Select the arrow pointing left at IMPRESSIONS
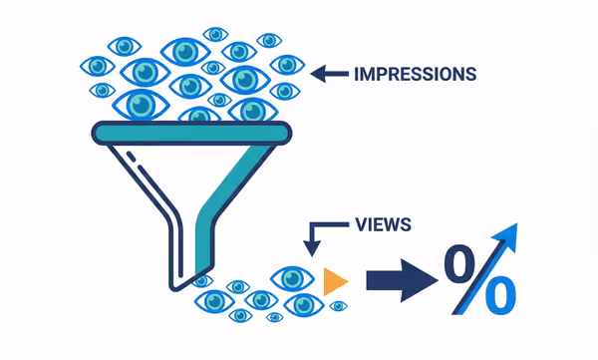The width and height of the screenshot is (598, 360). pyautogui.click(x=330, y=73)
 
